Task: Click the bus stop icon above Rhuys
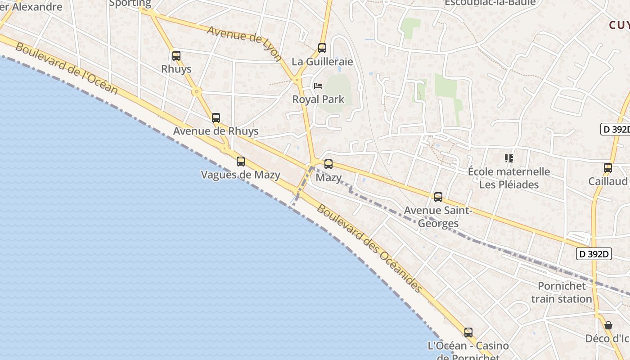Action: (x=176, y=56)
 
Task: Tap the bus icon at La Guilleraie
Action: (x=322, y=48)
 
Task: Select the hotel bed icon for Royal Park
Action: (x=318, y=85)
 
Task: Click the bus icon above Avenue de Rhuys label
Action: (x=216, y=118)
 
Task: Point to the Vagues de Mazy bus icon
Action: (x=241, y=162)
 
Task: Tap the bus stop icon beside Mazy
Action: (x=328, y=164)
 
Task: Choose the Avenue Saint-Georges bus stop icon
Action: (x=438, y=197)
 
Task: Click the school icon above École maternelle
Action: (x=509, y=158)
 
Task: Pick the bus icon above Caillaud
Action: (x=608, y=168)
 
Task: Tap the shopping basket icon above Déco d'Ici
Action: (x=608, y=325)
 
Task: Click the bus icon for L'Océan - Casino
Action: (x=468, y=333)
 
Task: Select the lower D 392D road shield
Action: (x=594, y=254)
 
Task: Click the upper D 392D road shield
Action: (x=615, y=129)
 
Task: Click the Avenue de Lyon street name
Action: (x=244, y=43)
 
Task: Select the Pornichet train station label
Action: (x=562, y=292)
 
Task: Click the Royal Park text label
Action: (x=318, y=99)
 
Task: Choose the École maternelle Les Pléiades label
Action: (x=509, y=178)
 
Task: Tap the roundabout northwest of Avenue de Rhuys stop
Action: (x=196, y=92)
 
